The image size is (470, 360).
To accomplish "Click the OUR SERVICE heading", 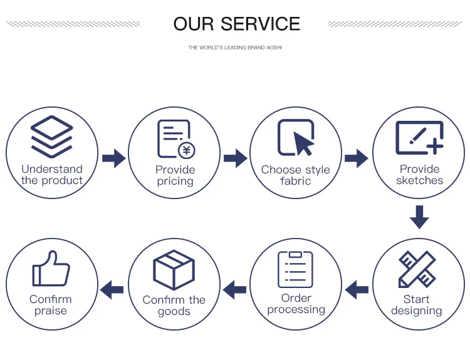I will [236, 24].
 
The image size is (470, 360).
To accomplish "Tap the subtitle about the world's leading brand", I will [235, 48].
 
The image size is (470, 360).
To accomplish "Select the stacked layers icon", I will [52, 136].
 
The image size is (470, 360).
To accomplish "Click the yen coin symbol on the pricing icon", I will [186, 150].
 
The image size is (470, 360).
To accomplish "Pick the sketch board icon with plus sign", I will [419, 138].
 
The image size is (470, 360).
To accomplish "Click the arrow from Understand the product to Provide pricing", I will [113, 158].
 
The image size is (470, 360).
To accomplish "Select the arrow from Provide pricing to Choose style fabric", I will [235, 158].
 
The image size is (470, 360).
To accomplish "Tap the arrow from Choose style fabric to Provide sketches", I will [357, 158].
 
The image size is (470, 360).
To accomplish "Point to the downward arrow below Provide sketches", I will [419, 217].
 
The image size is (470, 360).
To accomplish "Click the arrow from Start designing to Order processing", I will [357, 289].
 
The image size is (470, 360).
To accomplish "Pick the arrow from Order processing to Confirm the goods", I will [235, 289].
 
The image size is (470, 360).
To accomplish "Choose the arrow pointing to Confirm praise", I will [112, 289].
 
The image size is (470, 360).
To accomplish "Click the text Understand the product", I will [52, 175].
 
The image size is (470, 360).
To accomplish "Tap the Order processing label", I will [296, 304].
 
